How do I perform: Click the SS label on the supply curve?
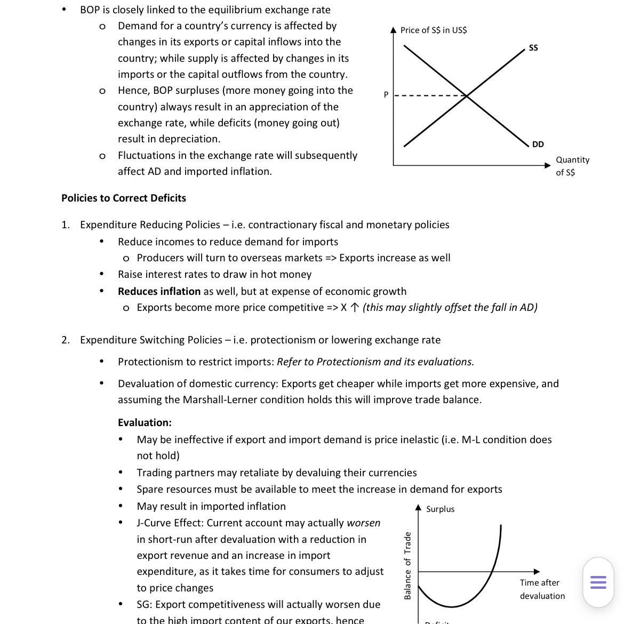[x=533, y=48]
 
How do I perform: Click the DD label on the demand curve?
[x=538, y=145]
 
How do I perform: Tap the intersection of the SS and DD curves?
[x=467, y=96]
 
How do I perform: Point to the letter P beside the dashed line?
[x=386, y=95]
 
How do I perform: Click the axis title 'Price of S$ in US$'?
[x=433, y=30]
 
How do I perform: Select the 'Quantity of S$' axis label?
[x=572, y=166]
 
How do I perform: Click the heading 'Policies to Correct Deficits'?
[x=124, y=198]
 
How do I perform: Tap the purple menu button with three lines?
[x=598, y=582]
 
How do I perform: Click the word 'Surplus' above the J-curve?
[x=440, y=509]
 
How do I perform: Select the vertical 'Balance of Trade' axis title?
[x=408, y=565]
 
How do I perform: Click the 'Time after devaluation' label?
[x=541, y=589]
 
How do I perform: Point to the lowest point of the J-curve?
[x=452, y=607]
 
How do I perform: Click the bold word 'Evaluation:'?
[x=145, y=422]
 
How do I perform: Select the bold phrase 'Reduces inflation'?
[x=159, y=291]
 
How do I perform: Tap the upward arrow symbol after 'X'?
[x=355, y=308]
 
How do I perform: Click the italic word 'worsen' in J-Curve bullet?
[x=363, y=523]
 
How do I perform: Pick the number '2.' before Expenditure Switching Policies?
[x=65, y=340]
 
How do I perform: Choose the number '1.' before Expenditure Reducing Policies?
[x=65, y=225]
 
